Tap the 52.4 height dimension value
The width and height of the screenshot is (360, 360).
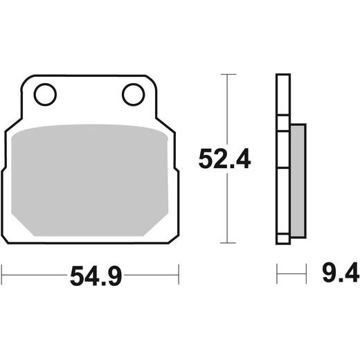pyautogui.click(x=224, y=159)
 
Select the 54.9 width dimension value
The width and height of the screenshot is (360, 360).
pyautogui.click(x=96, y=276)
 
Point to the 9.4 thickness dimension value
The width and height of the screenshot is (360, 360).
pyautogui.click(x=341, y=272)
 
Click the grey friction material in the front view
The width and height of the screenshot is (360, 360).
pyautogui.click(x=89, y=180)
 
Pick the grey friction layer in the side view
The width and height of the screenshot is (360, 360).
pyautogui.click(x=298, y=181)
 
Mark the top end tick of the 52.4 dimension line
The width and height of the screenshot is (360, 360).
pyautogui.click(x=228, y=74)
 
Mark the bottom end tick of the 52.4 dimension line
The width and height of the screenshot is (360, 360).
pyautogui.click(x=228, y=243)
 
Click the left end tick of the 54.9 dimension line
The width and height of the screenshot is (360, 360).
pyautogui.click(x=1, y=275)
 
